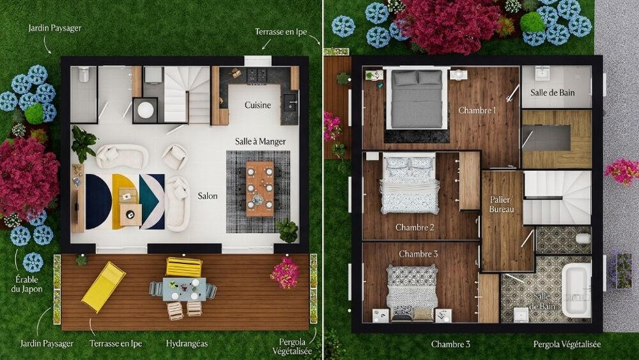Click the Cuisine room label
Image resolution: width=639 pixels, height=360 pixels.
tap(258, 106)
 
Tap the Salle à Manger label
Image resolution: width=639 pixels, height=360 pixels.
tap(261, 141)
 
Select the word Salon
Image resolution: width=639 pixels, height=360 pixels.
tap(208, 196)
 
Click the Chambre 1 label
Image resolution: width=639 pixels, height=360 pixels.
tap(477, 110)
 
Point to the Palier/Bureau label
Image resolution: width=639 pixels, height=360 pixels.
tap(502, 204)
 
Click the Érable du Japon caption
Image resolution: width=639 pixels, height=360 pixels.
tap(27, 284)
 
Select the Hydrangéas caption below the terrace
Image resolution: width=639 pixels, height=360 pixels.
tap(187, 343)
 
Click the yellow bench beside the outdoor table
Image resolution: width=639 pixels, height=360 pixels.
tap(184, 267)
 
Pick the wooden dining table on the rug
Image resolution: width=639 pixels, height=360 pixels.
tap(260, 189)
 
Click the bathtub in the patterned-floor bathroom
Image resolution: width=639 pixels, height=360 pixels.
tap(576, 290)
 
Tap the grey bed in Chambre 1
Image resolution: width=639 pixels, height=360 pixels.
tap(417, 99)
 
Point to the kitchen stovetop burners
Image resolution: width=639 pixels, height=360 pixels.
tap(257, 75)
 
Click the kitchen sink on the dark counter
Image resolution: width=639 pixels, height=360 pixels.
tap(289, 103)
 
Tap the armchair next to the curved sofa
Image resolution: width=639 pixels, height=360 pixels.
tap(175, 157)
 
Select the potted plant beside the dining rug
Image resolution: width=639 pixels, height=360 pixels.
tap(288, 230)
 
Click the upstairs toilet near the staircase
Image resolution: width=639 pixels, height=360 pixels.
tap(583, 238)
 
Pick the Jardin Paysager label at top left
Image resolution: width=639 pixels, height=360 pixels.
tap(54, 28)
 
